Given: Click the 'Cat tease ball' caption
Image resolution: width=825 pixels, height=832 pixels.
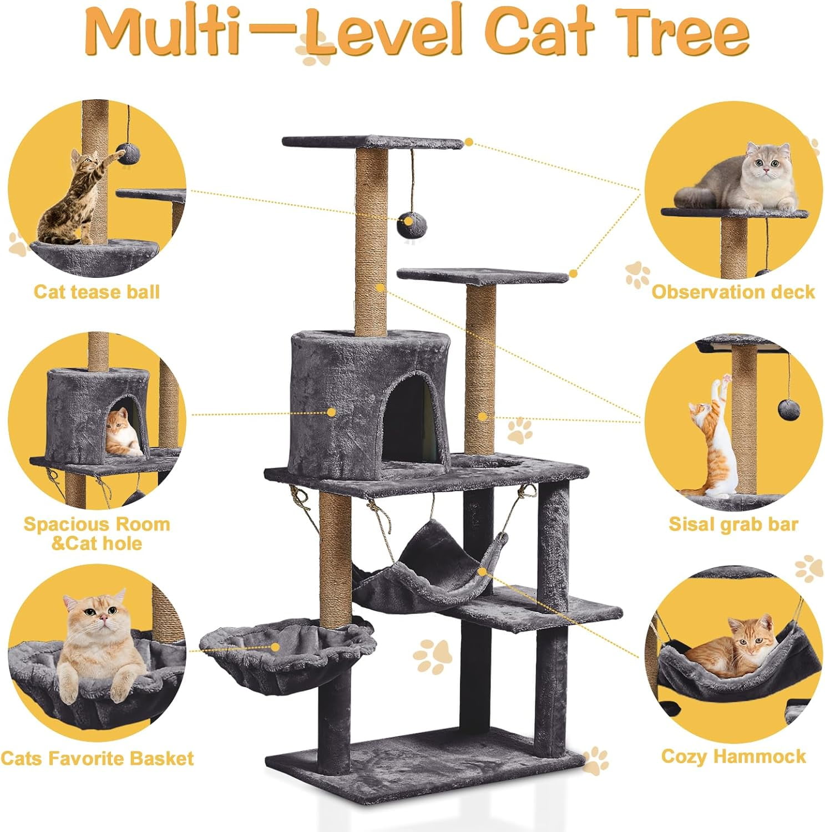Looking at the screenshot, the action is pos(97,292).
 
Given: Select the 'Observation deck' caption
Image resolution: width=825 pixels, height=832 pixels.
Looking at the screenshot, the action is pos(732,292).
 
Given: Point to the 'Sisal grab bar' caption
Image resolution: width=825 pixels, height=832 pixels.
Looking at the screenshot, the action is pos(733,524).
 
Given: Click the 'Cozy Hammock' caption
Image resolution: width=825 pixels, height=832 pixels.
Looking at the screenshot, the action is pos(733,756).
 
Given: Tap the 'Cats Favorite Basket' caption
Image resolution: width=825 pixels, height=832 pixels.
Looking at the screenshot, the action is pos(97,758).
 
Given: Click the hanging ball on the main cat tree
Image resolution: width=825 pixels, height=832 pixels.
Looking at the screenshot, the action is pos(411,224).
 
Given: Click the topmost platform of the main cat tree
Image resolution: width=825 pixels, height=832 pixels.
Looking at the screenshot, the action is pos(372,143).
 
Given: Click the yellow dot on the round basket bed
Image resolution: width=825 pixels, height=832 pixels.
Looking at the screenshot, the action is pos(275,647).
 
